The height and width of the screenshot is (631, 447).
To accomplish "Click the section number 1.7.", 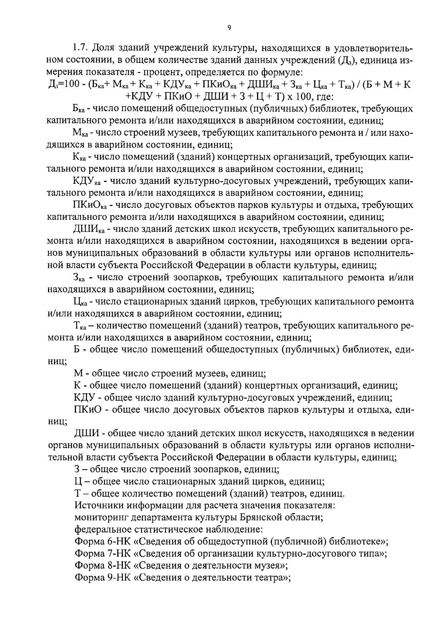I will [80, 48].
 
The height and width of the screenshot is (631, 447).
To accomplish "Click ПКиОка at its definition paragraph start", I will [90, 205].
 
